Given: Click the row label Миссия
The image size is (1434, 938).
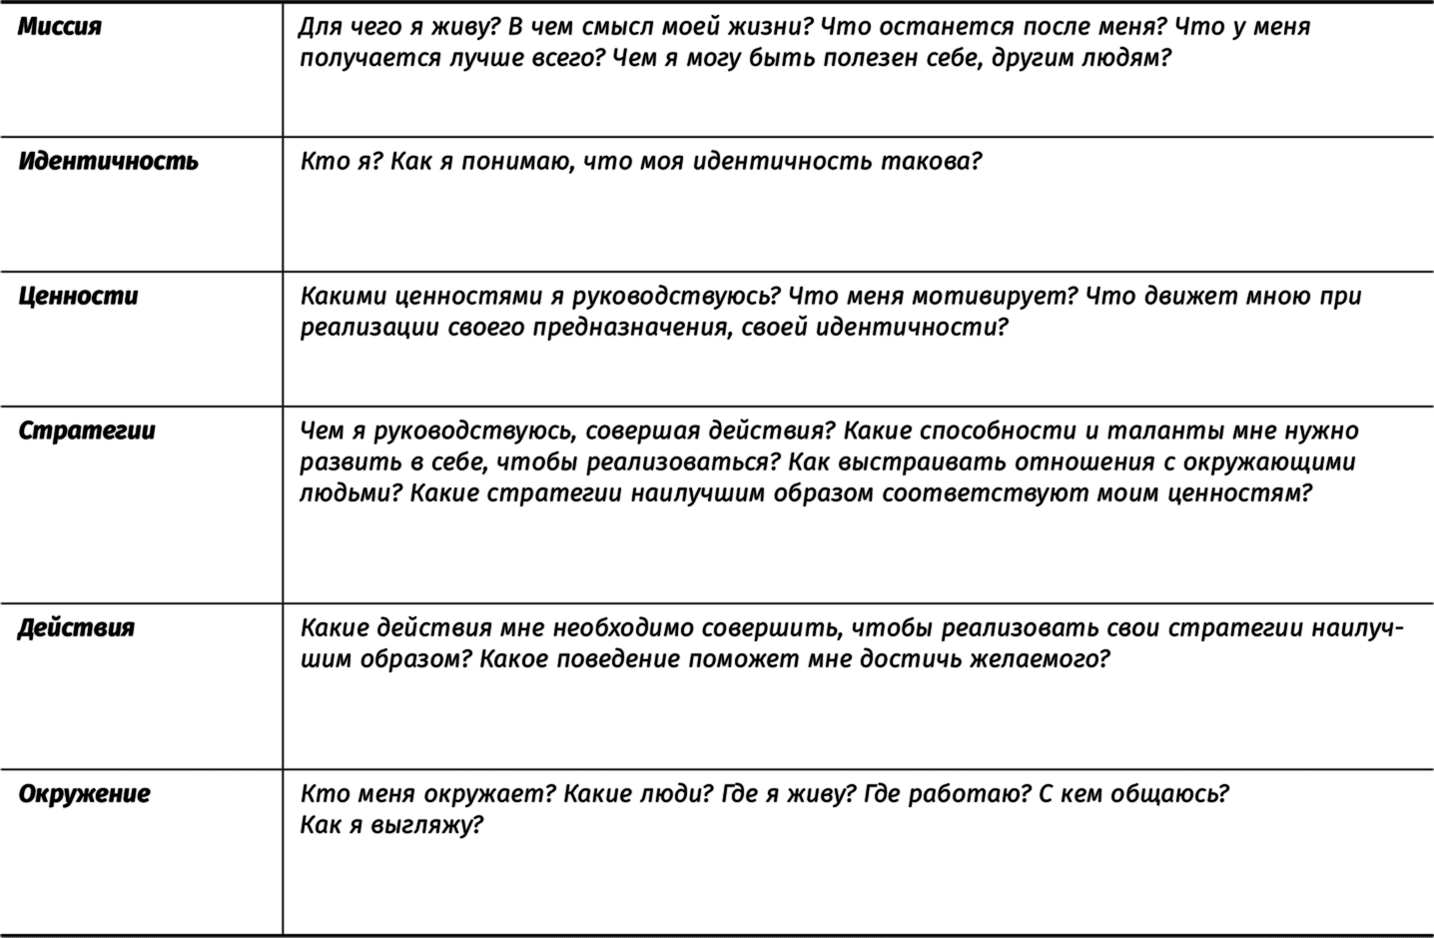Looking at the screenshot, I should click(60, 27).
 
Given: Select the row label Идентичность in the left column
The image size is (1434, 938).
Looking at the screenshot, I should click(108, 161).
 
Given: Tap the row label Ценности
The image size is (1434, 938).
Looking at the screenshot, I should click(78, 296).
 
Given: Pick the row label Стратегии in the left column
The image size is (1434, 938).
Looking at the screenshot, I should click(87, 431).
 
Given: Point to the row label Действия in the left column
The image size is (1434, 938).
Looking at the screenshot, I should click(76, 627).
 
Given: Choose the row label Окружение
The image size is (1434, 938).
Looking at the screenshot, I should click(84, 793).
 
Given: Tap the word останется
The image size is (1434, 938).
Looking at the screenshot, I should click(941, 27).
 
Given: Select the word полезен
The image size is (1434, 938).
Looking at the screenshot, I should click(885, 58).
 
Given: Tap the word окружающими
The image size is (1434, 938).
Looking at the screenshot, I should click(1268, 463).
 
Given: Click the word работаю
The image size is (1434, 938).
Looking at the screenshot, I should click(962, 794).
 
